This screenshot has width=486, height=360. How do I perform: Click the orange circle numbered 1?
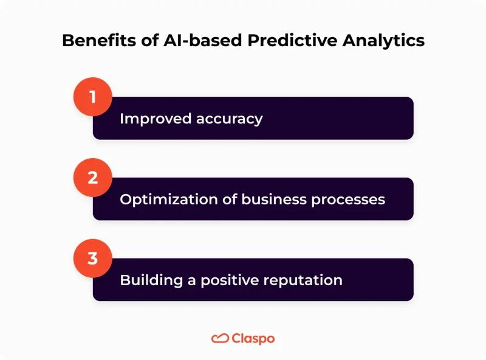[x=93, y=96]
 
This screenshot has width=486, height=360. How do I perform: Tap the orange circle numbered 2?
[x=93, y=177]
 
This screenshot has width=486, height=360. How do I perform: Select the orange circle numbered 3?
[x=93, y=258]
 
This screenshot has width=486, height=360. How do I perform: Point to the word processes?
[x=349, y=199]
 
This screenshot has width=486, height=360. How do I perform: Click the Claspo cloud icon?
[x=220, y=338]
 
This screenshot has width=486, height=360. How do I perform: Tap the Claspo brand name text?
[x=253, y=338]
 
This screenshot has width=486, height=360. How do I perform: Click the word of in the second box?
[x=224, y=199]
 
